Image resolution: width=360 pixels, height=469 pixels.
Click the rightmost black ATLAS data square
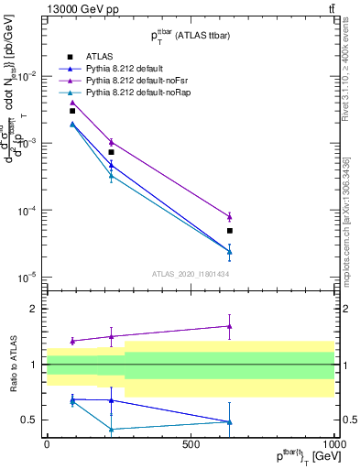(230, 231)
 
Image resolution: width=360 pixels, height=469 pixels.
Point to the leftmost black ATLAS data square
(72, 111)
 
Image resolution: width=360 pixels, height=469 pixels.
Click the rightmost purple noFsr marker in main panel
(230, 217)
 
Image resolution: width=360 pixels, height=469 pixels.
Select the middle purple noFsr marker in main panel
(112, 142)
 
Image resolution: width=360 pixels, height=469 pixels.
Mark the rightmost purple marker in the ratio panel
(230, 326)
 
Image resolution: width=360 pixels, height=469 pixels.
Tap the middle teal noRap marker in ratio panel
(112, 429)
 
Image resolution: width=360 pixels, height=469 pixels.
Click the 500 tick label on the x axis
(191, 444)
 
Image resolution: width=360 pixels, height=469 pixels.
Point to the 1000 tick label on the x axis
(333, 444)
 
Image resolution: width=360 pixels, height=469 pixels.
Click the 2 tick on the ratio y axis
(33, 309)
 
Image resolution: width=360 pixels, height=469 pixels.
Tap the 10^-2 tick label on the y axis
(25, 76)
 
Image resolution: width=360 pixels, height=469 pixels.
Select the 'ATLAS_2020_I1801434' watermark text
(190, 274)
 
